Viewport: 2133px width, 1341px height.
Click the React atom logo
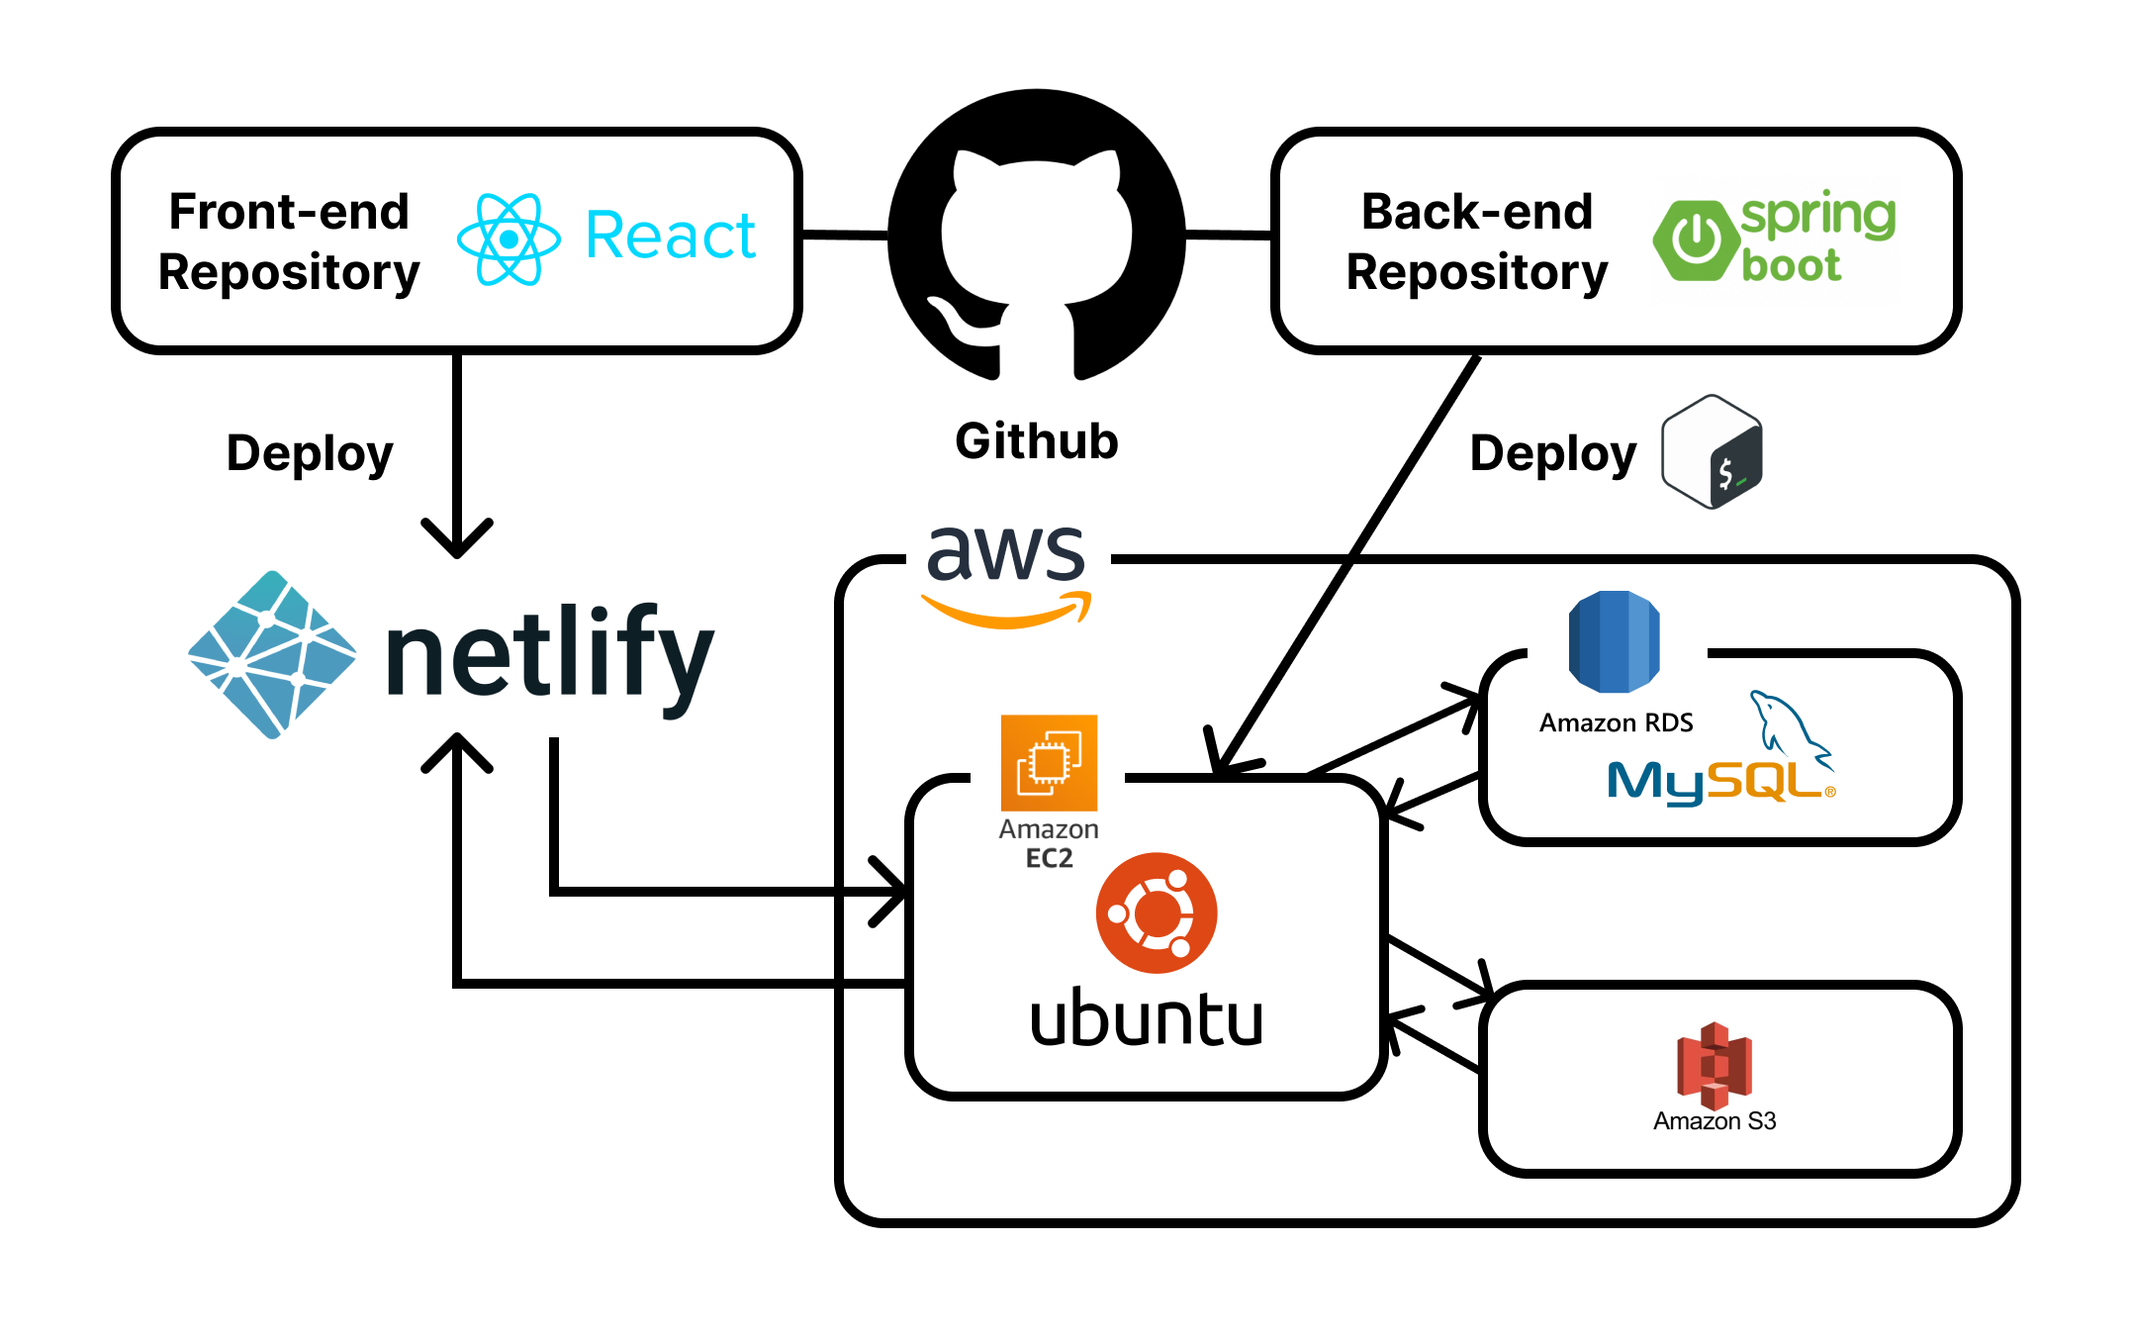[509, 239]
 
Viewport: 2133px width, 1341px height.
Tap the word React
[670, 237]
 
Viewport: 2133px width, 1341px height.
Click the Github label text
[1036, 441]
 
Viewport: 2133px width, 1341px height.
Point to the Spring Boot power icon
[1696, 239]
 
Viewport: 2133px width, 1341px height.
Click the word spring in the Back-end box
[1817, 215]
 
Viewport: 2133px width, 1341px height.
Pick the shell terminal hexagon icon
[1712, 452]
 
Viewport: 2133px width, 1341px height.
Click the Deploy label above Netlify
[310, 453]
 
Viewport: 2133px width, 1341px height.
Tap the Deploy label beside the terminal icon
[1552, 453]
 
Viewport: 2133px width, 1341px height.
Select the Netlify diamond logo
[272, 654]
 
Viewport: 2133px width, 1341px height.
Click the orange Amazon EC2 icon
[1049, 763]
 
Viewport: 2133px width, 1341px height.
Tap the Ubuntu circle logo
[1156, 912]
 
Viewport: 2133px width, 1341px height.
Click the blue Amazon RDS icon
[1614, 641]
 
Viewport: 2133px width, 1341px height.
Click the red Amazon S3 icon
[1714, 1065]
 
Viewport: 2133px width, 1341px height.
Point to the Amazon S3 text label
[1714, 1121]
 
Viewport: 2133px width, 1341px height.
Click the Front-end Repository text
[289, 241]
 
